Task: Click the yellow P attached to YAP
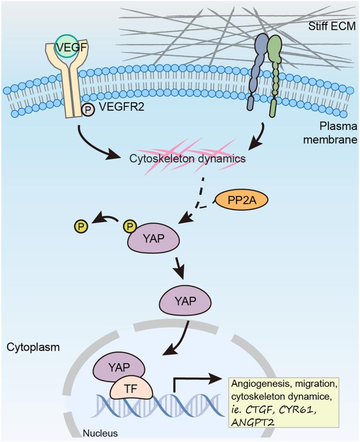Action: (130, 226)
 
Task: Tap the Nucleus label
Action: (101, 432)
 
